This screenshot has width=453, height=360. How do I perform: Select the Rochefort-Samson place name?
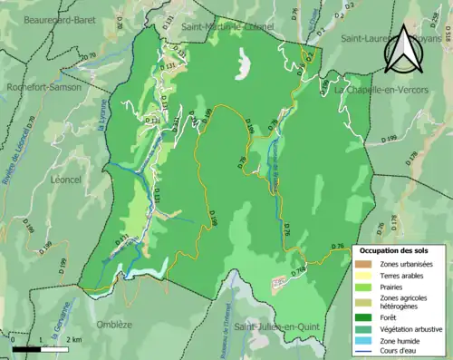click(42, 88)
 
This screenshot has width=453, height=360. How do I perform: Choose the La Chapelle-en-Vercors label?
click(379, 91)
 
